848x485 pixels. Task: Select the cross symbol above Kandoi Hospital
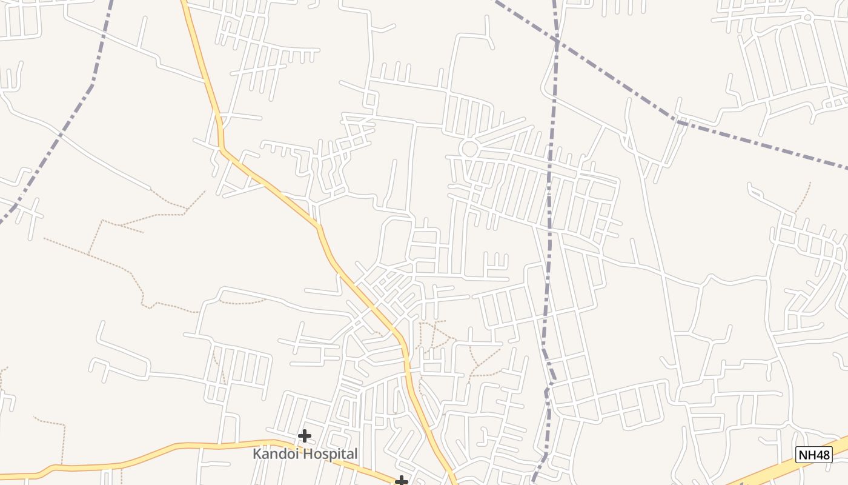click(305, 435)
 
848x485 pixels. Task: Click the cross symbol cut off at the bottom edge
click(401, 481)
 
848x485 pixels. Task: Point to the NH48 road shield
click(814, 454)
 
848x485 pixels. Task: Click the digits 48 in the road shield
click(821, 454)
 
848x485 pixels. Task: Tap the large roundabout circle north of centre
click(469, 148)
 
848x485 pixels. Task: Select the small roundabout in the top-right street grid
click(807, 17)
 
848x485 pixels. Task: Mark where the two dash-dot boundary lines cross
click(556, 40)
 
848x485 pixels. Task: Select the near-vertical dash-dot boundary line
click(550, 182)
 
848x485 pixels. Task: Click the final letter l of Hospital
click(356, 453)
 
